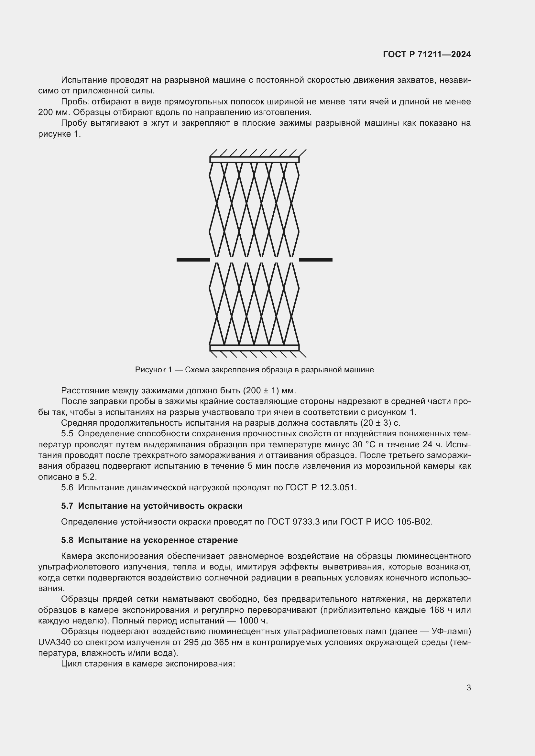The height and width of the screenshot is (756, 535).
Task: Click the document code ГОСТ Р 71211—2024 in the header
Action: coord(427,54)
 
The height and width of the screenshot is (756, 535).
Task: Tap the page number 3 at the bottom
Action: coord(468,687)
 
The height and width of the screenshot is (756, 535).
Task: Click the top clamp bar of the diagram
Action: coord(254,160)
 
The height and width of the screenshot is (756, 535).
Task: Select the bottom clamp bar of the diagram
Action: coord(254,348)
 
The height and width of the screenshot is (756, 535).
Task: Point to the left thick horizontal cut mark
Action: coord(193,260)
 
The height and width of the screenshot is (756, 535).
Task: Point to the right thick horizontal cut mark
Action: coord(315,260)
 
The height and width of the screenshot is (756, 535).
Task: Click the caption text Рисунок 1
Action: coord(154,370)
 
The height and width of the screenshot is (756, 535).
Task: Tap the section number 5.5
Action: coord(67,434)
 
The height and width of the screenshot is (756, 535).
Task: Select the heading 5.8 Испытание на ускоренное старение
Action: coord(149,540)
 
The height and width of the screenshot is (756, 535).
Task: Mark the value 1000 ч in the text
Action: coord(253,621)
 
